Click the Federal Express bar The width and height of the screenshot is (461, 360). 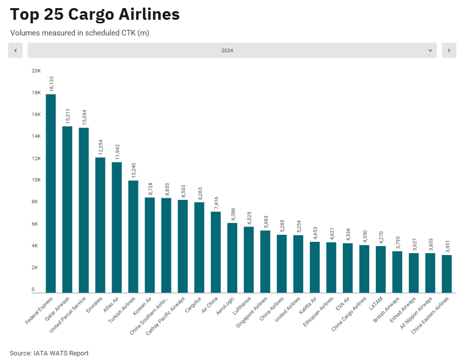[x=51, y=193]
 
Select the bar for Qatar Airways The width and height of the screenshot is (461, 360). [x=67, y=209]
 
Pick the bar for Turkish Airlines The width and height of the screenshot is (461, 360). [x=133, y=236]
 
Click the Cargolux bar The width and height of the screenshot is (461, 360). [x=199, y=247]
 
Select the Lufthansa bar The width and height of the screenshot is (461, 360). [x=249, y=260]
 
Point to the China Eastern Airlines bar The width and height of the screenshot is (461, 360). [x=447, y=274]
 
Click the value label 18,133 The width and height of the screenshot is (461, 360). [x=51, y=84]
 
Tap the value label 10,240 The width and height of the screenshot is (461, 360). [x=133, y=170]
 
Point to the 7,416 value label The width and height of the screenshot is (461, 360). [x=216, y=202]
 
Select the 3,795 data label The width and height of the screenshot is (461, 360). [x=397, y=242]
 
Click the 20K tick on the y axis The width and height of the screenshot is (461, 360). [x=36, y=70]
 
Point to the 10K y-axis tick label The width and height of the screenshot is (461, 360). [x=36, y=180]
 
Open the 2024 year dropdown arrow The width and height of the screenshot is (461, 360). [x=430, y=51]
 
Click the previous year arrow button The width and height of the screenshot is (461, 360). [x=15, y=51]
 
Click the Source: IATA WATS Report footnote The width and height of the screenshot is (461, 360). [x=49, y=353]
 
